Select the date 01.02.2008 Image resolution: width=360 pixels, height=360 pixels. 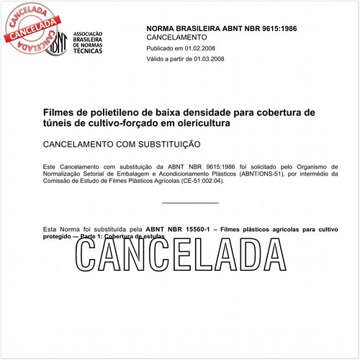click(x=197, y=48)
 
